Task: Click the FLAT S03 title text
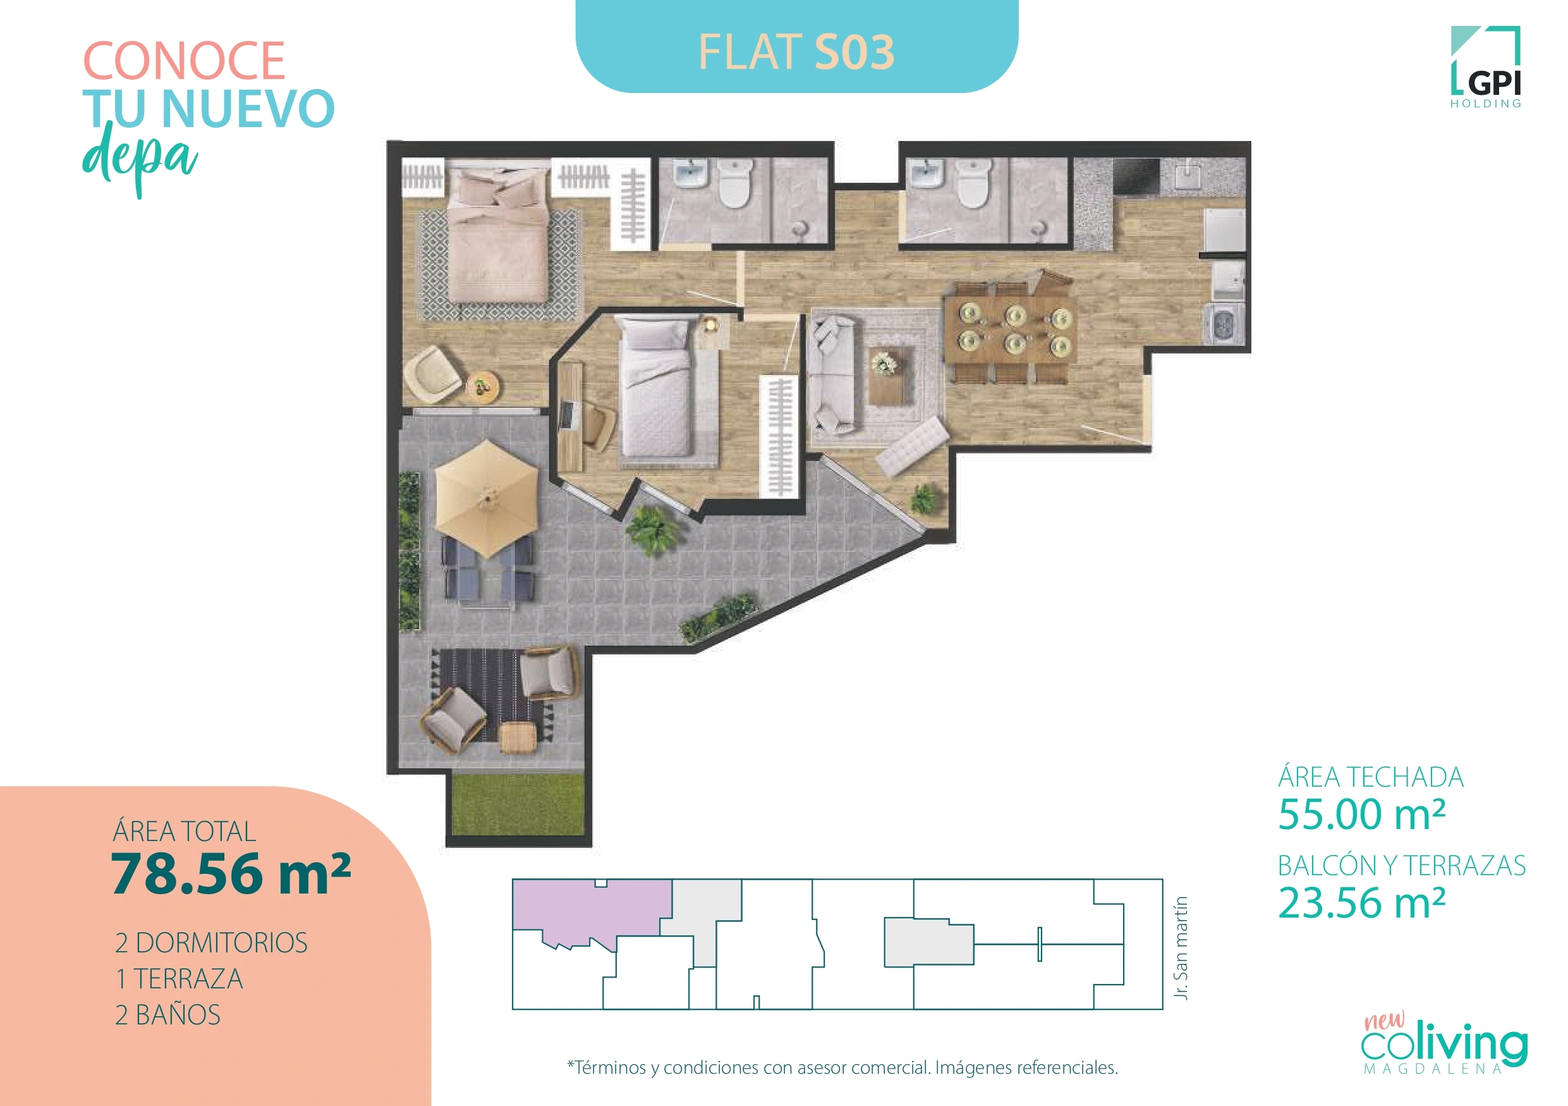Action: tap(796, 52)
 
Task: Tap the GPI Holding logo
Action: tap(1485, 67)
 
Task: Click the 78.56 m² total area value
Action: tap(231, 874)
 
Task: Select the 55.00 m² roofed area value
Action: tap(1362, 814)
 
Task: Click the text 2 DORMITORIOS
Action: tap(211, 943)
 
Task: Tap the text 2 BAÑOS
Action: tap(168, 1015)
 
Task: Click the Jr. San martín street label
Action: tap(1181, 947)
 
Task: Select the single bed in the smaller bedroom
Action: tap(655, 390)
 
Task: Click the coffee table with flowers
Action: tap(890, 376)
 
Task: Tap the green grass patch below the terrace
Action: tap(518, 804)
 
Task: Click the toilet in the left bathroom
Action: tap(735, 183)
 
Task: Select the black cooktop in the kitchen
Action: tap(1136, 176)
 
